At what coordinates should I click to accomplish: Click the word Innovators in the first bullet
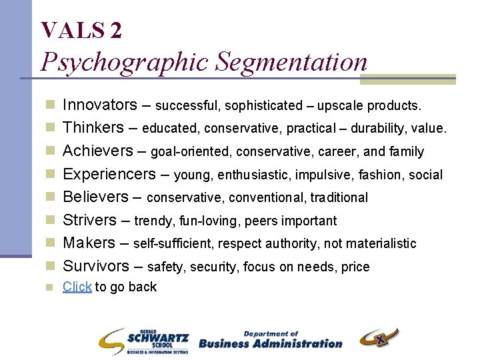pos(99,105)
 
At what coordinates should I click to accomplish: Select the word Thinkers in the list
pos(93,127)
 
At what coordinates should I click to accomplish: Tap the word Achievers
pos(98,151)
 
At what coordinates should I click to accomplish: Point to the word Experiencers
pos(109,174)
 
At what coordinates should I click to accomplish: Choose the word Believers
pos(95,197)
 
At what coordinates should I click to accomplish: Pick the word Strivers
pos(90,220)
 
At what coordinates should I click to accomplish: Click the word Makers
pos(87,243)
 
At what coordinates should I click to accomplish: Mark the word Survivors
pos(96,266)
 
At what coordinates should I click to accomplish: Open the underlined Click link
pos(77,287)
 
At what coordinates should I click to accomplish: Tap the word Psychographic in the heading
pos(123,62)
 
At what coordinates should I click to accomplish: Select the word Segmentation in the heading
pos(290,62)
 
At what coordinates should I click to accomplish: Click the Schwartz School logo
pos(143,341)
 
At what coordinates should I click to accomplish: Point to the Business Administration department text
pos(270,341)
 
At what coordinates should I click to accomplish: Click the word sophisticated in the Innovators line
pos(263,106)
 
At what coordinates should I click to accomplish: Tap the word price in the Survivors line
pos(355,267)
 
